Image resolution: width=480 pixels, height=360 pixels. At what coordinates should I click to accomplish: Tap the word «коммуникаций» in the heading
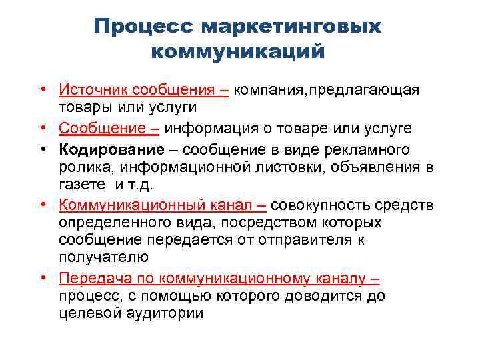pyautogui.click(x=238, y=51)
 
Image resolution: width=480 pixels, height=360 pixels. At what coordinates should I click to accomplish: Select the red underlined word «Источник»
pyautogui.click(x=93, y=89)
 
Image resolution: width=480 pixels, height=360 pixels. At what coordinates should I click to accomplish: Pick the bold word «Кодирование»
pyautogui.click(x=111, y=149)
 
